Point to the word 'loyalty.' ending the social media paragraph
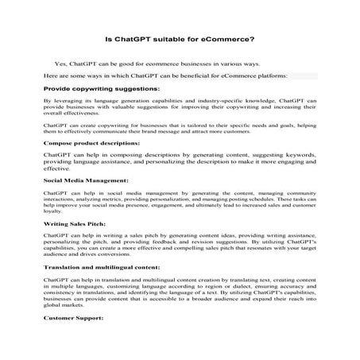(54, 212)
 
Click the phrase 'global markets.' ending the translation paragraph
(67, 306)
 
